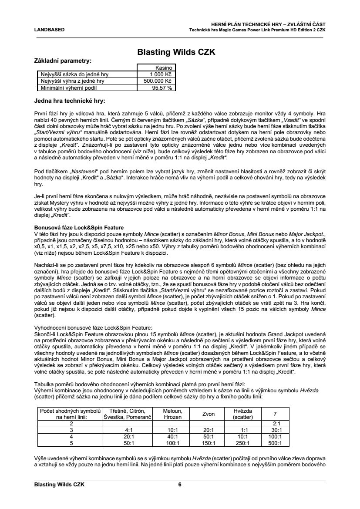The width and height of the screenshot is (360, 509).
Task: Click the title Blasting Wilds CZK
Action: (x=176, y=52)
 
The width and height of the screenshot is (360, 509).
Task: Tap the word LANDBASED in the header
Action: (x=49, y=30)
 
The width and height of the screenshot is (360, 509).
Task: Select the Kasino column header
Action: (x=166, y=68)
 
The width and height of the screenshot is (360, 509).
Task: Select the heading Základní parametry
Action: (x=63, y=61)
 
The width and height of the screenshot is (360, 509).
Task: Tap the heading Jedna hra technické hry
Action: (x=69, y=101)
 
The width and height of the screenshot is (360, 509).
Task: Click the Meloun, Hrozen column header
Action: (x=173, y=414)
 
